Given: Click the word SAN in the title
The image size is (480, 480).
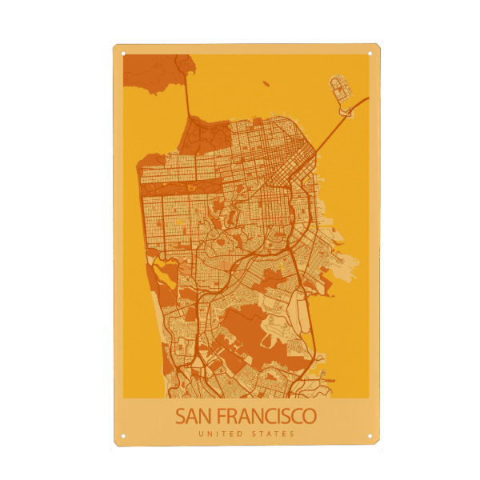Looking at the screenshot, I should (x=194, y=417).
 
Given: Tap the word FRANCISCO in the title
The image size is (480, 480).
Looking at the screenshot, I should (x=266, y=417).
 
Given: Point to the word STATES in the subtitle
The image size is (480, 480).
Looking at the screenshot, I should (x=274, y=434).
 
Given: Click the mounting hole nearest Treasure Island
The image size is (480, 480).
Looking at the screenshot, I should (x=370, y=54).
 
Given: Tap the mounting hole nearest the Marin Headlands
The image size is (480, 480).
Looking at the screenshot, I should (x=123, y=54).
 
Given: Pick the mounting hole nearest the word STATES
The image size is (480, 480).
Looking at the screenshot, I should (x=370, y=436).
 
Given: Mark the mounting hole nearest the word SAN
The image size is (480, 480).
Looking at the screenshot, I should (x=123, y=436).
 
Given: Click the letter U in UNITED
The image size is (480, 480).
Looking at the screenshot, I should (x=200, y=434).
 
